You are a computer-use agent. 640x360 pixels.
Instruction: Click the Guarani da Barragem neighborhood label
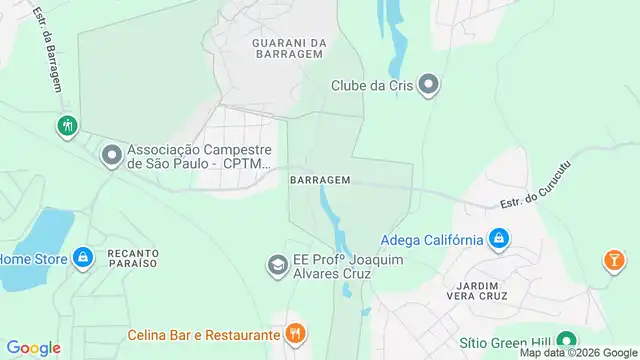pyautogui.click(x=289, y=49)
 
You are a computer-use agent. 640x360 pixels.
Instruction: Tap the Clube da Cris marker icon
pyautogui.click(x=429, y=85)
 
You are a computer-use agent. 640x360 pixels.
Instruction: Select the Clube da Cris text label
pyautogui.click(x=372, y=85)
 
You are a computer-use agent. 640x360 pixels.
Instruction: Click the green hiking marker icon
pyautogui.click(x=66, y=127)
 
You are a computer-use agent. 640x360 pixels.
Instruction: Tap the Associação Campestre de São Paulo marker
pyautogui.click(x=111, y=156)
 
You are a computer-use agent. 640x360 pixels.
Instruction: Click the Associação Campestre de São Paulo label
pyautogui.click(x=199, y=156)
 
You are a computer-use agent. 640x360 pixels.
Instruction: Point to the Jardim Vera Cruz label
pyautogui.click(x=477, y=289)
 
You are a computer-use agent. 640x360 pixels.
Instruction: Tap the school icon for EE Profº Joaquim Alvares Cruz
pyautogui.click(x=275, y=265)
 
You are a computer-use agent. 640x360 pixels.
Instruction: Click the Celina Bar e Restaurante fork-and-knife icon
pyautogui.click(x=295, y=333)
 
